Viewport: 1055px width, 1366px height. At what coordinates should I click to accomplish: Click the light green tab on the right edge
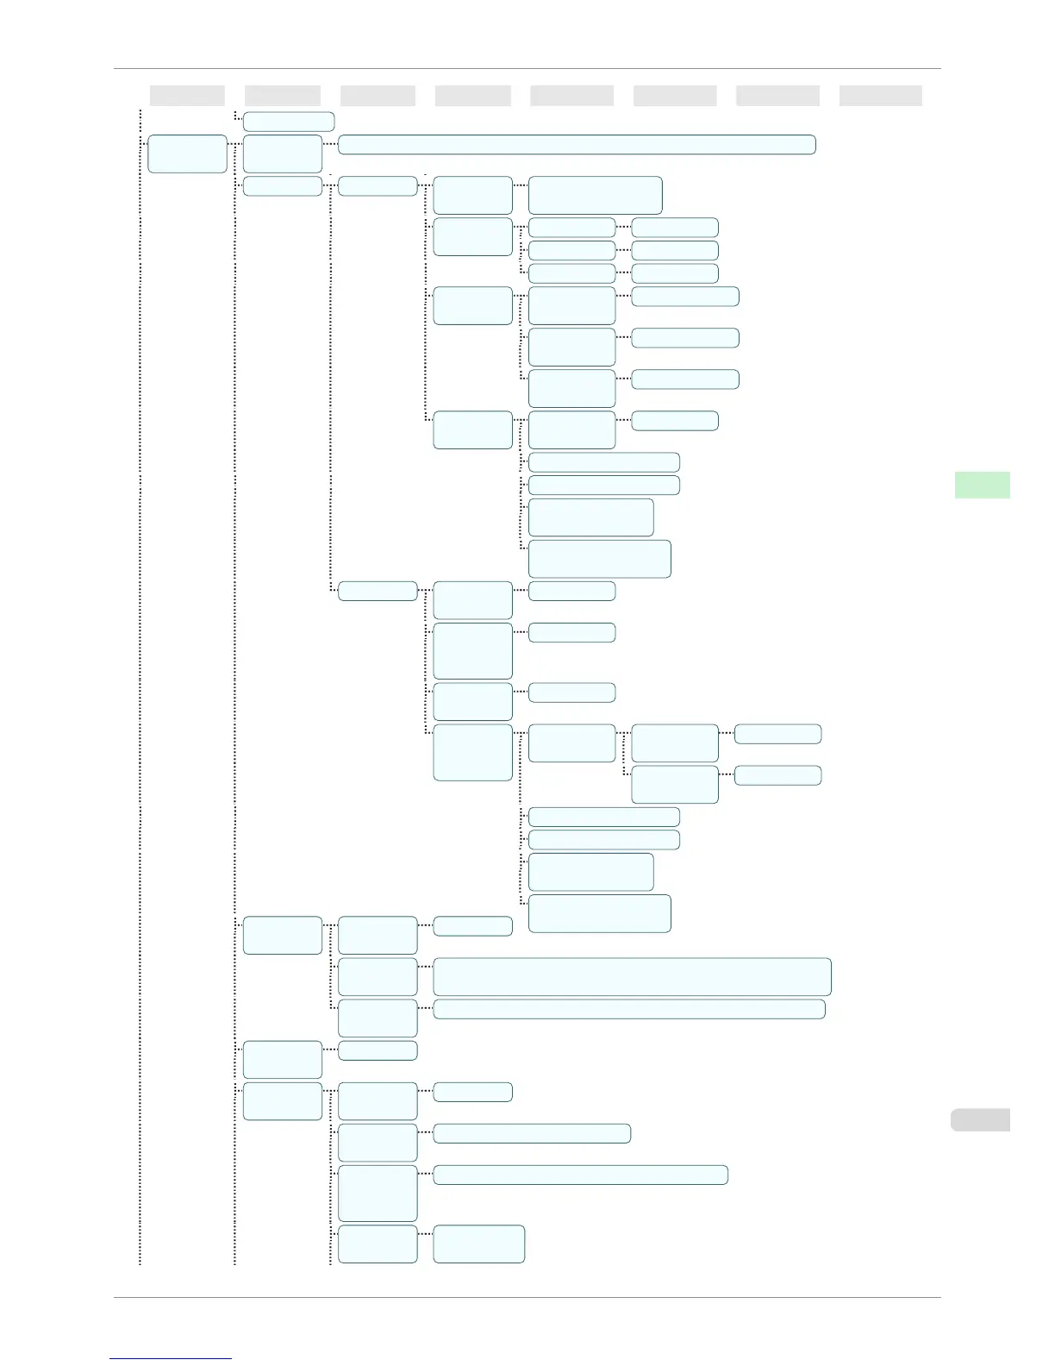982,485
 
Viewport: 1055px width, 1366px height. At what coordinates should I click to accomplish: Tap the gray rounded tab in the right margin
980,1119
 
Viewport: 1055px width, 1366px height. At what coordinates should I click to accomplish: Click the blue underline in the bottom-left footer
171,1358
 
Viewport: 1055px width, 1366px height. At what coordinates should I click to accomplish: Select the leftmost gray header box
187,96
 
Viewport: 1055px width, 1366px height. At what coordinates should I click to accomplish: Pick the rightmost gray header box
880,96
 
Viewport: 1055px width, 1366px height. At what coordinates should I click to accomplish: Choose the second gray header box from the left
283,96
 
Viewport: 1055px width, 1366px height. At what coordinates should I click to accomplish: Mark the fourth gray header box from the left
472,96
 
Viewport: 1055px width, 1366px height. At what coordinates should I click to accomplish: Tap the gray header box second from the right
777,96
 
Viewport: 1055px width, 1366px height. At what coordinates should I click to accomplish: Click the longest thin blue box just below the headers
577,144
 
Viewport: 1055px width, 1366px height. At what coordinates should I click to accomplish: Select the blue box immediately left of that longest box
283,154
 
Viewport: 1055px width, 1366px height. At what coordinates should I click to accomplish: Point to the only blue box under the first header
187,154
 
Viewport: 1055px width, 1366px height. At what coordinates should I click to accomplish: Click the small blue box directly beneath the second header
288,121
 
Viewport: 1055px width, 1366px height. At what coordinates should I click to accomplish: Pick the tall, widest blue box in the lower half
632,976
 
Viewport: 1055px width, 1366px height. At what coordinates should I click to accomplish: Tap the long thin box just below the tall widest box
628,1009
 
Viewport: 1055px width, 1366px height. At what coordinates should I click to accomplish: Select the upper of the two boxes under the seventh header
777,734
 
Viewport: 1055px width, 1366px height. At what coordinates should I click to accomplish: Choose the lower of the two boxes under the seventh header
777,775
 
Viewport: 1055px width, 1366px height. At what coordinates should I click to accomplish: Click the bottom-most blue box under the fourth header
478,1244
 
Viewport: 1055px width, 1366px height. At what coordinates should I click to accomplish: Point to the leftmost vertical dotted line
140,690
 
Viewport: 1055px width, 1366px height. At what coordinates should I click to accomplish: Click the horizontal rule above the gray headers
527,68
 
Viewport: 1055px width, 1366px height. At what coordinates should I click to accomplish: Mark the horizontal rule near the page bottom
527,1297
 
